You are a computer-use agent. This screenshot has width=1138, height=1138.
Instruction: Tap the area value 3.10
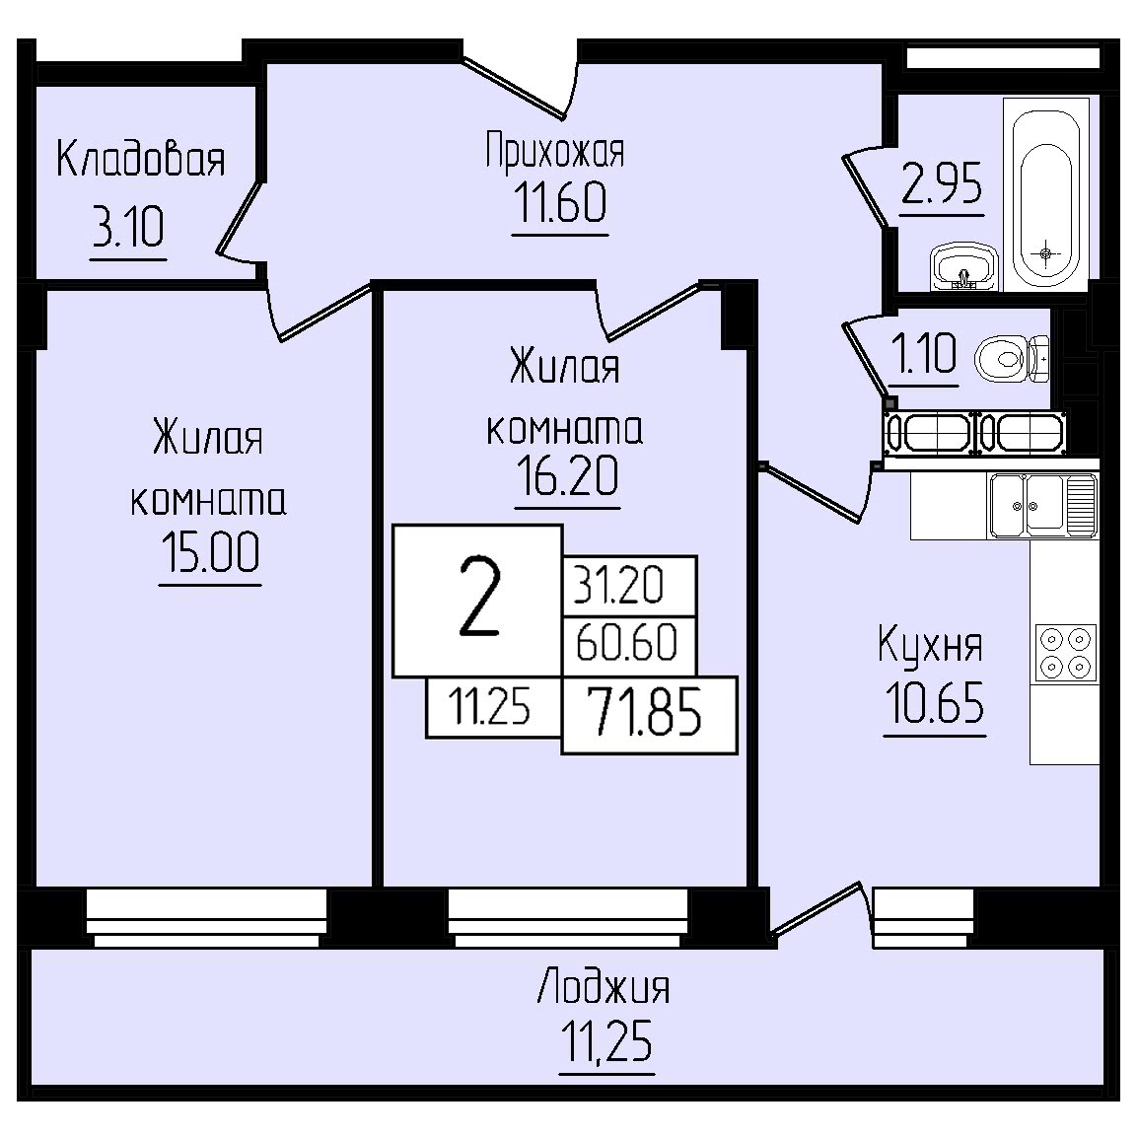pyautogui.click(x=128, y=227)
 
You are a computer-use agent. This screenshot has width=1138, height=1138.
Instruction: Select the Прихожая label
pyautogui.click(x=555, y=150)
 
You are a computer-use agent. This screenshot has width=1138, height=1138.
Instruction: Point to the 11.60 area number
pyautogui.click(x=559, y=202)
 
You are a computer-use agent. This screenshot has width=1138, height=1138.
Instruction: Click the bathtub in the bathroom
pyautogui.click(x=1046, y=194)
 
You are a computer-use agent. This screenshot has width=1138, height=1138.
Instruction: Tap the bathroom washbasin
pyautogui.click(x=963, y=266)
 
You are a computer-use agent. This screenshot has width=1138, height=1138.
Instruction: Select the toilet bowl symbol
pyautogui.click(x=1012, y=359)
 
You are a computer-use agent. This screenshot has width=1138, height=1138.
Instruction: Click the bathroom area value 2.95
pyautogui.click(x=942, y=182)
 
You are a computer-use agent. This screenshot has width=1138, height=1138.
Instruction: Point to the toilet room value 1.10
pyautogui.click(x=923, y=353)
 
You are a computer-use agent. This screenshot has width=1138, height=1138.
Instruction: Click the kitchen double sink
pyautogui.click(x=1043, y=505)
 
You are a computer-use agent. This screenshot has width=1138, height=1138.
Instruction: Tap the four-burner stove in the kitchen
pyautogui.click(x=1066, y=653)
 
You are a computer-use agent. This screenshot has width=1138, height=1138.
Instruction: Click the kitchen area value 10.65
pyautogui.click(x=935, y=702)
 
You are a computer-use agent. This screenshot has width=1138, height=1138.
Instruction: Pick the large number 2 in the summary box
pyautogui.click(x=480, y=599)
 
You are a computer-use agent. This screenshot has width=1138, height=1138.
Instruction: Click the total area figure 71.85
pyautogui.click(x=645, y=712)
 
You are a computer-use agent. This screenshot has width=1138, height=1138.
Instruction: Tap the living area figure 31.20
pyautogui.click(x=618, y=585)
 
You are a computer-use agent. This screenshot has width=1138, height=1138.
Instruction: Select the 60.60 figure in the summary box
pyautogui.click(x=626, y=642)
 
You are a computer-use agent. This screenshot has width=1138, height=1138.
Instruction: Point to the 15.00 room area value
pyautogui.click(x=210, y=552)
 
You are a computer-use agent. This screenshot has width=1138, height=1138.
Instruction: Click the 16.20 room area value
pyautogui.click(x=568, y=475)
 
